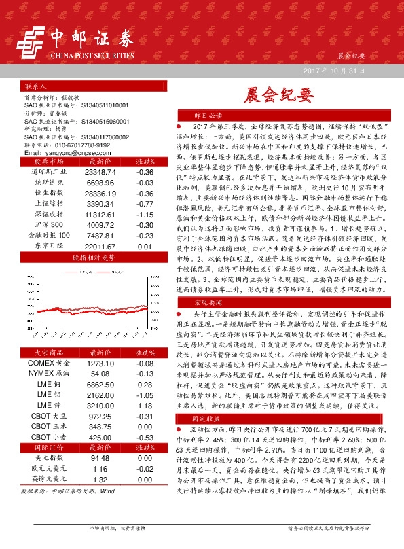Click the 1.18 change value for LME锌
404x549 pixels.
pos(144,405)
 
